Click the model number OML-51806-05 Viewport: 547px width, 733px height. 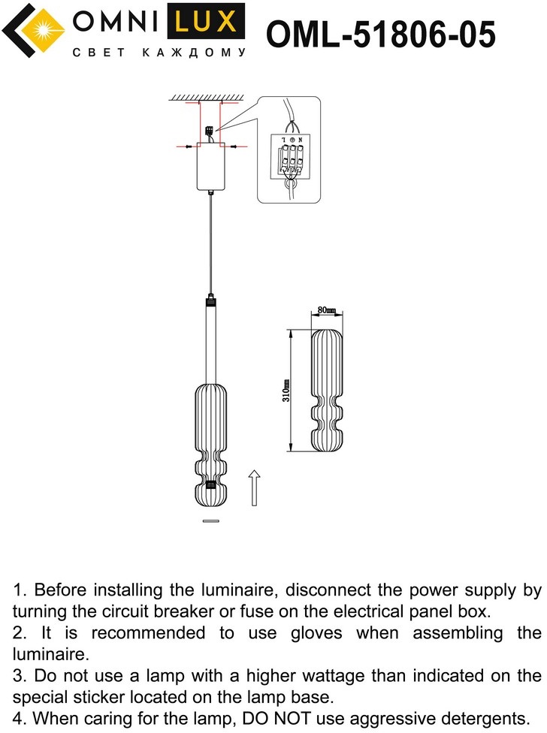click(381, 35)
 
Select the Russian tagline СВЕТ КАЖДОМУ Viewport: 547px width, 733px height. click(159, 53)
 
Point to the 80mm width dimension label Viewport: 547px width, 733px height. click(325, 310)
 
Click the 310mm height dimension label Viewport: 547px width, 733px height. click(286, 391)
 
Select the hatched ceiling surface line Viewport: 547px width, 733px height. click(208, 98)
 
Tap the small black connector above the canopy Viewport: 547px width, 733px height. click(208, 129)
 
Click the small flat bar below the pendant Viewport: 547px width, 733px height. click(210, 520)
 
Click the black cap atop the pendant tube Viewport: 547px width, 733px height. click(210, 301)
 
